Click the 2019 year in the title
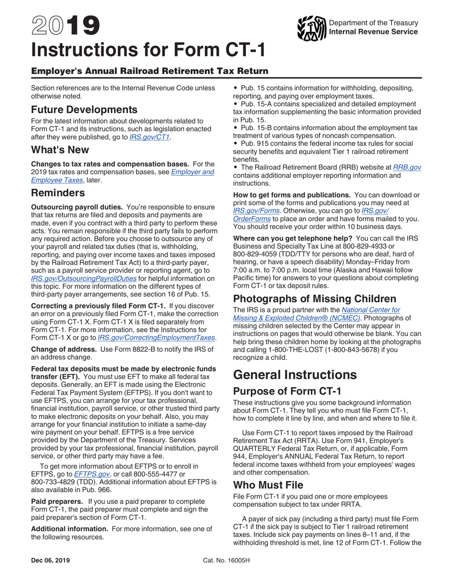pos(65,27)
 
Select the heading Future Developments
pos(84,109)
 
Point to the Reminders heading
pos(58,193)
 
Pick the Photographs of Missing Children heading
pos(315,299)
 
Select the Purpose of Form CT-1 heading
pos(287,391)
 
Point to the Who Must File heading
pos(268,485)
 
